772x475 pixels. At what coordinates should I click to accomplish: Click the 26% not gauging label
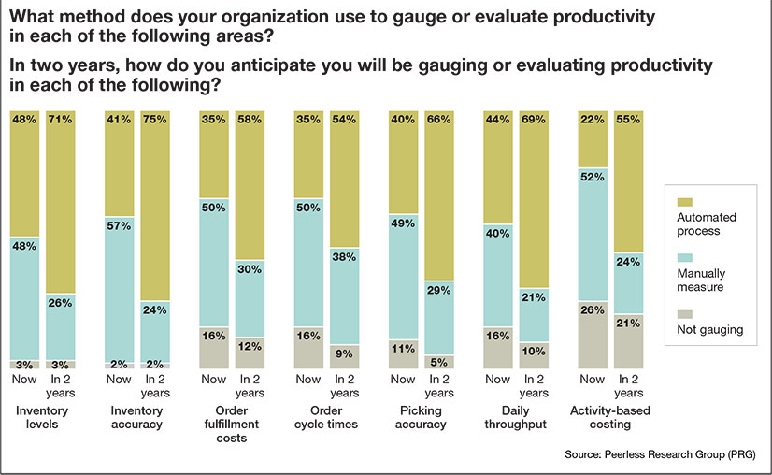point(592,309)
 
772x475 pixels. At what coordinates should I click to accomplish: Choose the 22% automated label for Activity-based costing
point(592,120)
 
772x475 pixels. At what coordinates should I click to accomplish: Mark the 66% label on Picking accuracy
point(440,120)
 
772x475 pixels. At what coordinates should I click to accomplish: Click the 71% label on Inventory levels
point(61,120)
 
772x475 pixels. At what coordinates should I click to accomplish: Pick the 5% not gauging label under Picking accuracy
point(440,361)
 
